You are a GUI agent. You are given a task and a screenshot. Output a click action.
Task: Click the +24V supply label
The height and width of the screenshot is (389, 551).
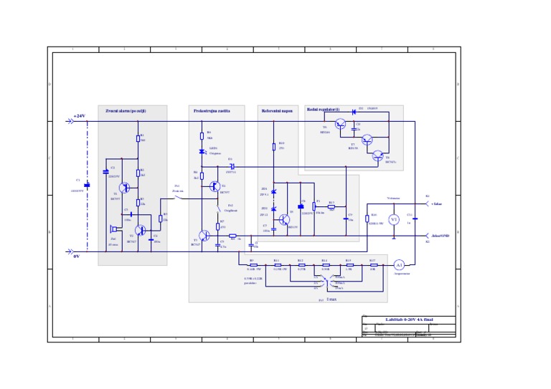pos(79,116)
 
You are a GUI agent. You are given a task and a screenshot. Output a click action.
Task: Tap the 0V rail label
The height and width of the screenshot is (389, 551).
pos(76,255)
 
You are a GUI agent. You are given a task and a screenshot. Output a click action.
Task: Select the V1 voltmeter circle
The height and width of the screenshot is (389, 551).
pos(392,219)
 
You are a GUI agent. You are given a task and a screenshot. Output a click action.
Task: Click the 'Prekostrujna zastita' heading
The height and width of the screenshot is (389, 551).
pos(212,110)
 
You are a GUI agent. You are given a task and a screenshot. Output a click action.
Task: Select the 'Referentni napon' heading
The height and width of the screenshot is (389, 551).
pos(277,110)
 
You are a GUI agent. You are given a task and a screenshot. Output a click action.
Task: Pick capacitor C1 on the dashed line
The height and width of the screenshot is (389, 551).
pos(88,186)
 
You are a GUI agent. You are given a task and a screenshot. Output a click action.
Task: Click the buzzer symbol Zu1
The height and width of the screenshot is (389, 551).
pos(113,230)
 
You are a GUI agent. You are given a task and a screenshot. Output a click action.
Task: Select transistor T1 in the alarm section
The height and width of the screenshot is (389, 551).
pos(125,188)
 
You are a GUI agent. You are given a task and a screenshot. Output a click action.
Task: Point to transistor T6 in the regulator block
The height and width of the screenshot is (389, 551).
pos(341,123)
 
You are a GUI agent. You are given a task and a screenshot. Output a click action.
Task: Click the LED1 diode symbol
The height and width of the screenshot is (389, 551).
pos(202,152)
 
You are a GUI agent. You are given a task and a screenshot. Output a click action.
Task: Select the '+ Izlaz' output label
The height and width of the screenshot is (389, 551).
pos(436,203)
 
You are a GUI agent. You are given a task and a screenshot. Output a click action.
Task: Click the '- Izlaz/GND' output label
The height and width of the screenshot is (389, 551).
pos(440,234)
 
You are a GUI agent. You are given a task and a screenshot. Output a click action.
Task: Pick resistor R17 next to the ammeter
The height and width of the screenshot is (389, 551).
pos(372,264)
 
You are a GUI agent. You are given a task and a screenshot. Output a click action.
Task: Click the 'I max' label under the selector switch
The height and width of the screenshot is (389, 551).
pos(331,299)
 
